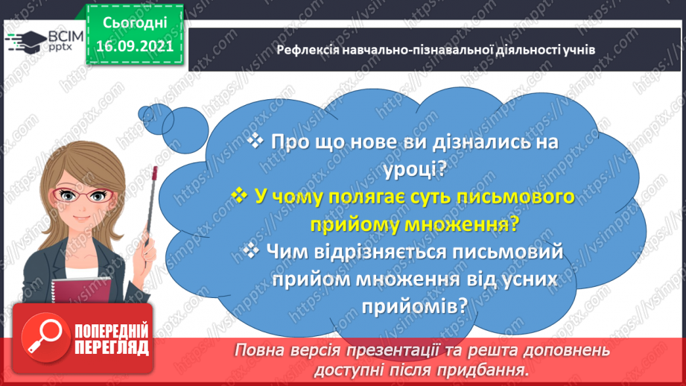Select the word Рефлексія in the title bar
305,50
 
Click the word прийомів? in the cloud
416,305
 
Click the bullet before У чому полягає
239,197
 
